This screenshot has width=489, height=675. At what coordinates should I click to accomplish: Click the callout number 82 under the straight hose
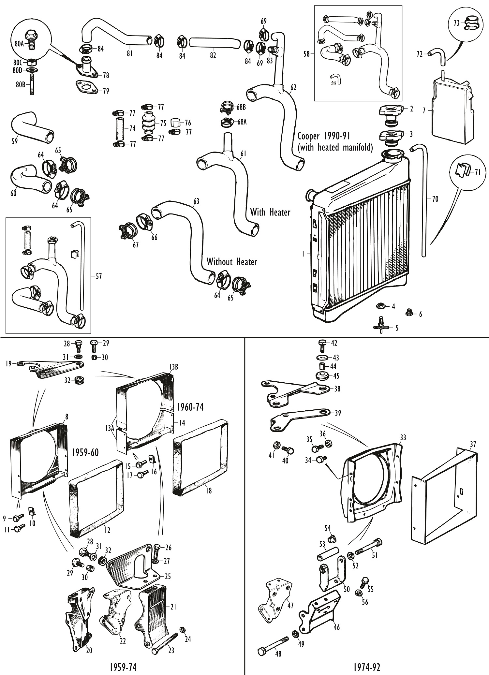pos(213,56)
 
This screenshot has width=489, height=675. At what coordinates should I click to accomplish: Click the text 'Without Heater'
pos(232,262)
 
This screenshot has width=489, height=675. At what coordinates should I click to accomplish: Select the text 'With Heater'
pos(270,212)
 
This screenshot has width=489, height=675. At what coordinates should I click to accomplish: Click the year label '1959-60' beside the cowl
pos(85,453)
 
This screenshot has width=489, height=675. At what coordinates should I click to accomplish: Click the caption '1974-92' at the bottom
pos(366,667)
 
